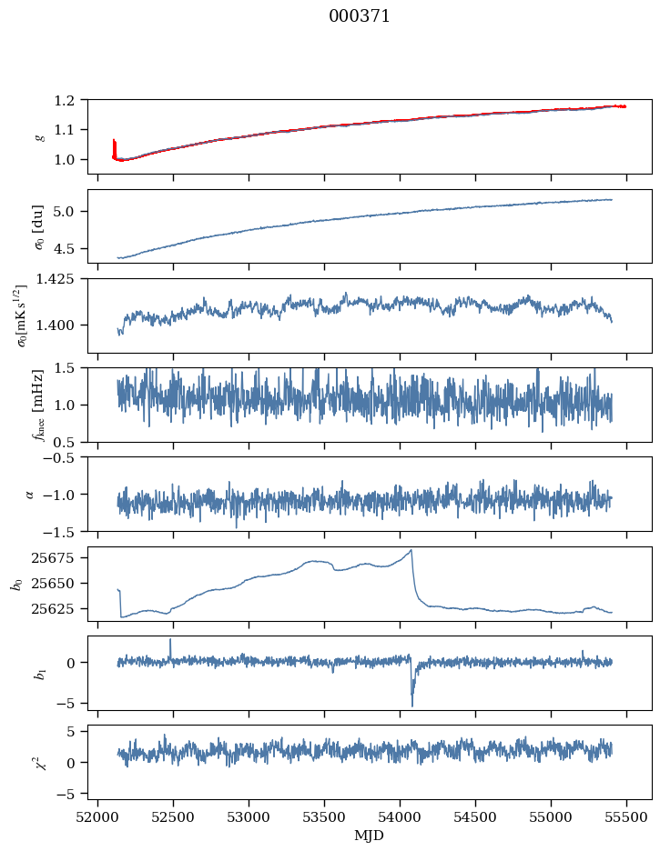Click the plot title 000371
pos(360,16)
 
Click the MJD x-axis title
pos(370,835)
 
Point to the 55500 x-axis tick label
pos(626,816)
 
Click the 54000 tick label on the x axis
pos(401,816)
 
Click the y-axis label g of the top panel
pos(39,136)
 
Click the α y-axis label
pos(30,494)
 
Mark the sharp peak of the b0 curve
pos(411,550)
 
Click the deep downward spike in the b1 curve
pos(411,705)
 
